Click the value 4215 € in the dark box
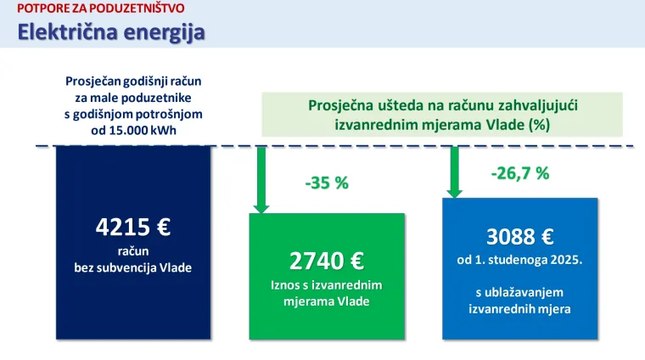pos(133,227)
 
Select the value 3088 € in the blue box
pos(519,236)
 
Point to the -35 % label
pos(326,183)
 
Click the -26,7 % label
pos(519,173)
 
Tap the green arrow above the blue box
pos(454,171)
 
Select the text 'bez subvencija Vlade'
pos(133,267)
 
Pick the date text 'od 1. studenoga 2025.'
pos(519,259)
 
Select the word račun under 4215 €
pos(133,251)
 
